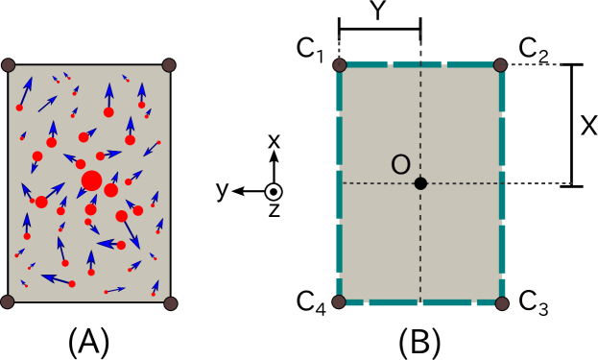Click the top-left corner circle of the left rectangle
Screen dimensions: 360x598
(8, 65)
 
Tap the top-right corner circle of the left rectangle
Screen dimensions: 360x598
(169, 65)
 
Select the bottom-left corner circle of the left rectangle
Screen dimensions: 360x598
(8, 301)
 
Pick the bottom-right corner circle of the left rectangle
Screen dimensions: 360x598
(171, 303)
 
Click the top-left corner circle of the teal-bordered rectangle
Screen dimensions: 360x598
(339, 65)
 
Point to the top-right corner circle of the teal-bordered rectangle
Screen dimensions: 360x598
(500, 65)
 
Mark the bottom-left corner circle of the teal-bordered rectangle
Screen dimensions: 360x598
(339, 301)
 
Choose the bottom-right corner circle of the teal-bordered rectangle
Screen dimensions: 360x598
(502, 303)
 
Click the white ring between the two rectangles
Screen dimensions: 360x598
(274, 192)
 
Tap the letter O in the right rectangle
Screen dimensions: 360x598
(400, 166)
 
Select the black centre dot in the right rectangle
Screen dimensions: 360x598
(420, 183)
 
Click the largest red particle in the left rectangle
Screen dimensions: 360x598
(91, 180)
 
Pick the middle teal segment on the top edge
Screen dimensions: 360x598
(417, 64)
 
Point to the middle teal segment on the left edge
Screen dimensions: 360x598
(339, 194)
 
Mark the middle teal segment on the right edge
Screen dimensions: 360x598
(502, 194)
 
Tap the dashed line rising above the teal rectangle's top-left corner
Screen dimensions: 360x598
(339, 46)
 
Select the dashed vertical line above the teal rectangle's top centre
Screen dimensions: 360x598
(420, 44)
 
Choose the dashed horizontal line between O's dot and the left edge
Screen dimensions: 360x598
(379, 182)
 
